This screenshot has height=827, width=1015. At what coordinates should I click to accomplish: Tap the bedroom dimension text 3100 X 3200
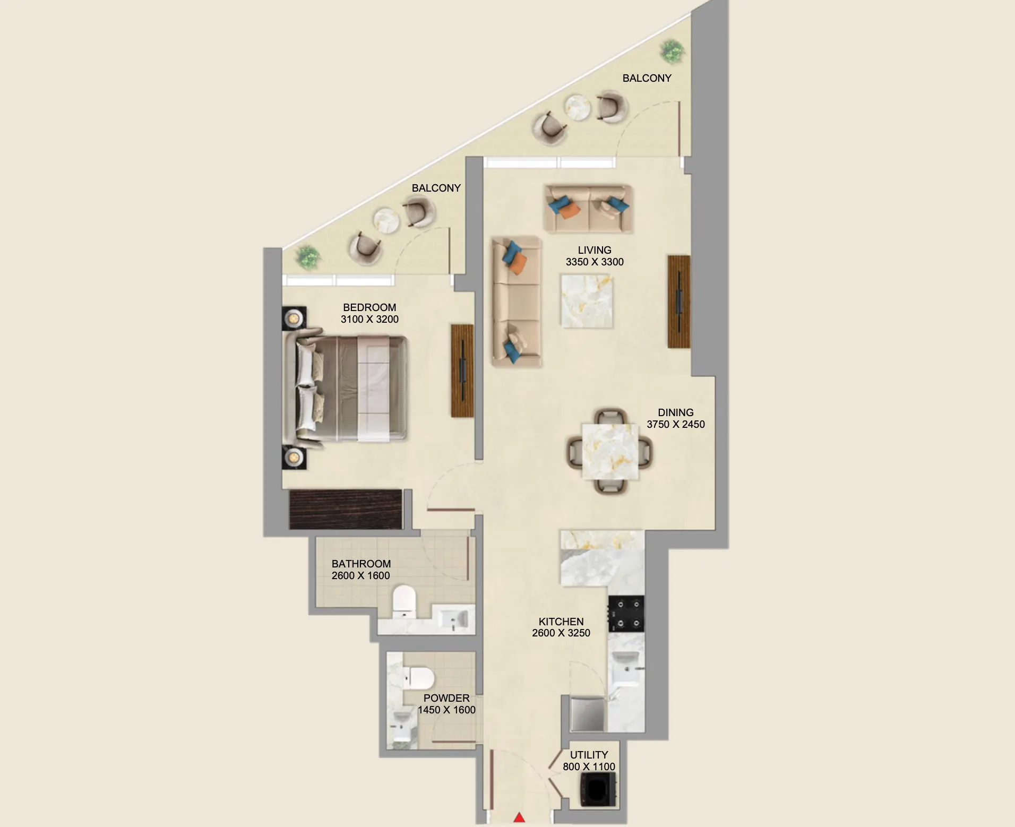(369, 319)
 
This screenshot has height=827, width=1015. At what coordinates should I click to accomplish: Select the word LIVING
(595, 250)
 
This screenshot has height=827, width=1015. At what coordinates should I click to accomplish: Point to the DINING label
(675, 412)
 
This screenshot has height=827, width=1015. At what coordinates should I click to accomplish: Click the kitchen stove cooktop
(626, 614)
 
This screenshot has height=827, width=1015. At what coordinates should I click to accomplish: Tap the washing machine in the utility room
(598, 790)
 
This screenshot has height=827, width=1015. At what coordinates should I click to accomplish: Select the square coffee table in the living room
(587, 301)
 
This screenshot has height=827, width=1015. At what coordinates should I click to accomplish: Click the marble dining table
(610, 452)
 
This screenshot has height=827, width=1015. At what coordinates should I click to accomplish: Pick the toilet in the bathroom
(405, 601)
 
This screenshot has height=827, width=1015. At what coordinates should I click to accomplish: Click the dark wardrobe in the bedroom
(346, 510)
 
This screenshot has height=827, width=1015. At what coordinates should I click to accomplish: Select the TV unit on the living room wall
(679, 301)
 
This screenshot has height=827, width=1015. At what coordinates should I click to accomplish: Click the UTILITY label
(589, 755)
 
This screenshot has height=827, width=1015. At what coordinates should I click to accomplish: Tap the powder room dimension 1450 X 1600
(446, 710)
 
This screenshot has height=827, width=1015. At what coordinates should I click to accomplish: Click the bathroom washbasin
(454, 619)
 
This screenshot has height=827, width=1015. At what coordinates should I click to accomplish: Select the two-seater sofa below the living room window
(588, 209)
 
